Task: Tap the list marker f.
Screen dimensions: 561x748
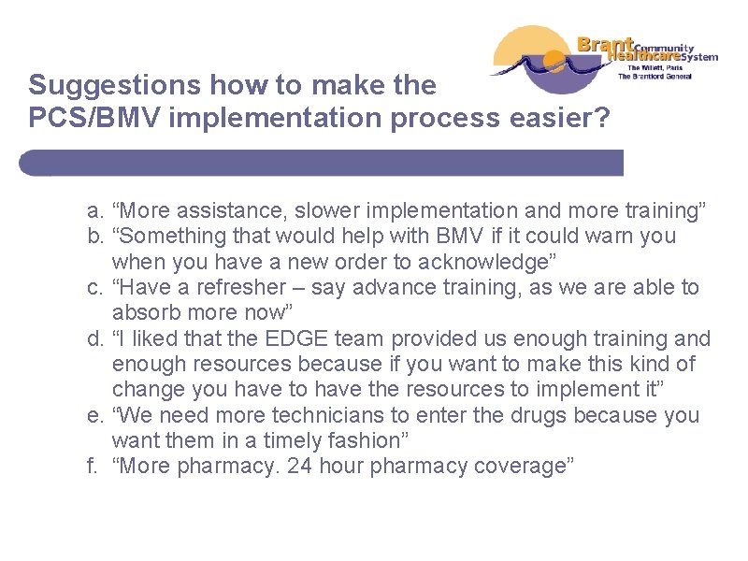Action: point(89,465)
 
